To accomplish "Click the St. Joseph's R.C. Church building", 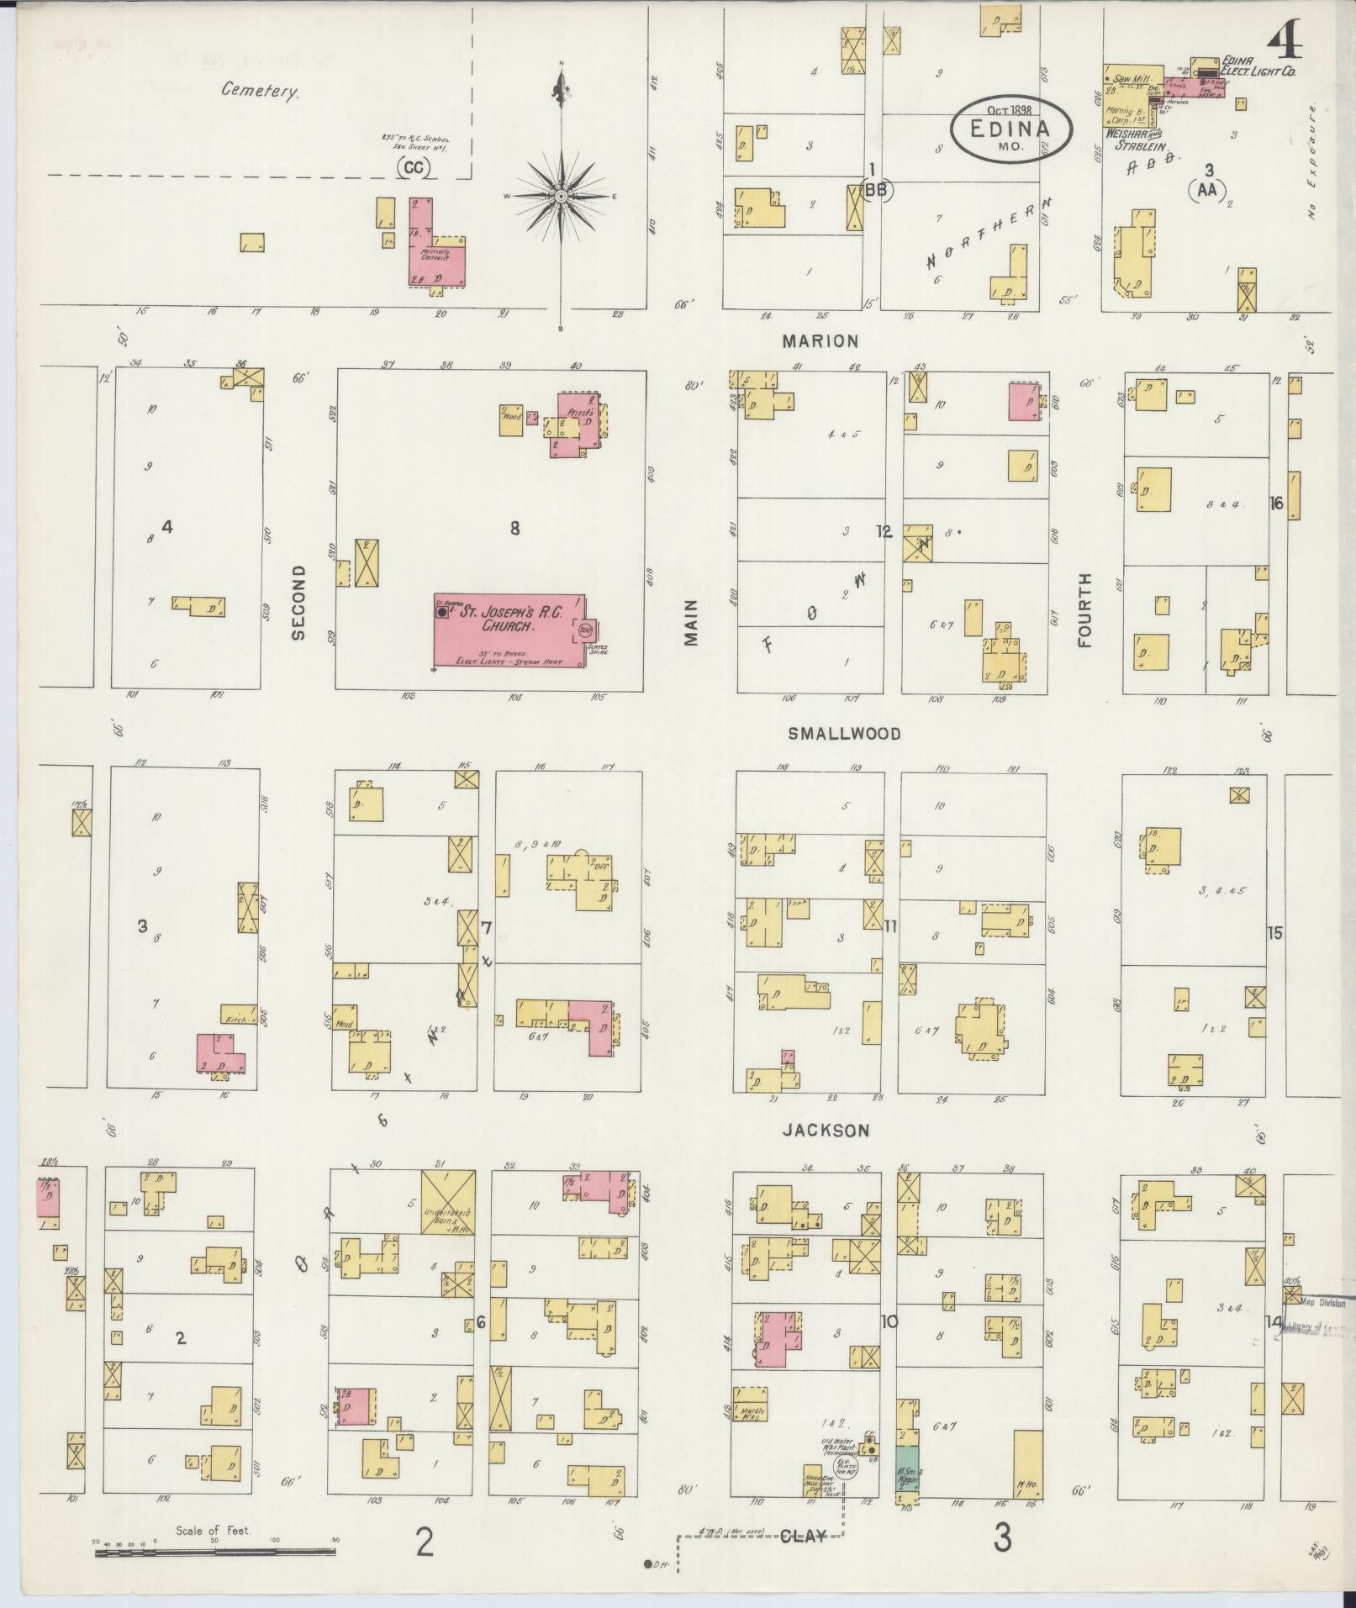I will pyautogui.click(x=509, y=630).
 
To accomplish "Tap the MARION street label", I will pyautogui.click(x=820, y=340).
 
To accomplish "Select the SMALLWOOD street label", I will pyautogui.click(x=843, y=734).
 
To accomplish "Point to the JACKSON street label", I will pyautogui.click(x=826, y=1131).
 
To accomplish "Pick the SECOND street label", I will pyautogui.click(x=298, y=603).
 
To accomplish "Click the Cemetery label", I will pyautogui.click(x=259, y=91).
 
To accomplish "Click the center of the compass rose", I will pyautogui.click(x=561, y=196).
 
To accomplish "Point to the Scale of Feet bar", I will pyautogui.click(x=215, y=1553).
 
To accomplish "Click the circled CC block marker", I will pyautogui.click(x=413, y=168).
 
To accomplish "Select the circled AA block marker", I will pyautogui.click(x=1207, y=190).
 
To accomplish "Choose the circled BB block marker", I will pyautogui.click(x=878, y=190).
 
